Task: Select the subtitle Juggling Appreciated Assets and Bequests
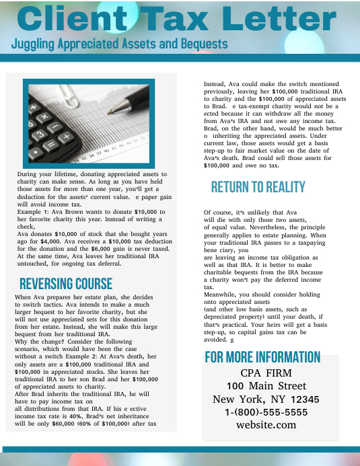pyautogui.click(x=120, y=44)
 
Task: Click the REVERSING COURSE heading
pyautogui.click(x=66, y=283)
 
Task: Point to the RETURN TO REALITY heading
pyautogui.click(x=258, y=187)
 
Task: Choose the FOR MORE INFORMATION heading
pyautogui.click(x=262, y=357)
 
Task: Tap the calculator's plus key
pyautogui.click(x=66, y=137)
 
